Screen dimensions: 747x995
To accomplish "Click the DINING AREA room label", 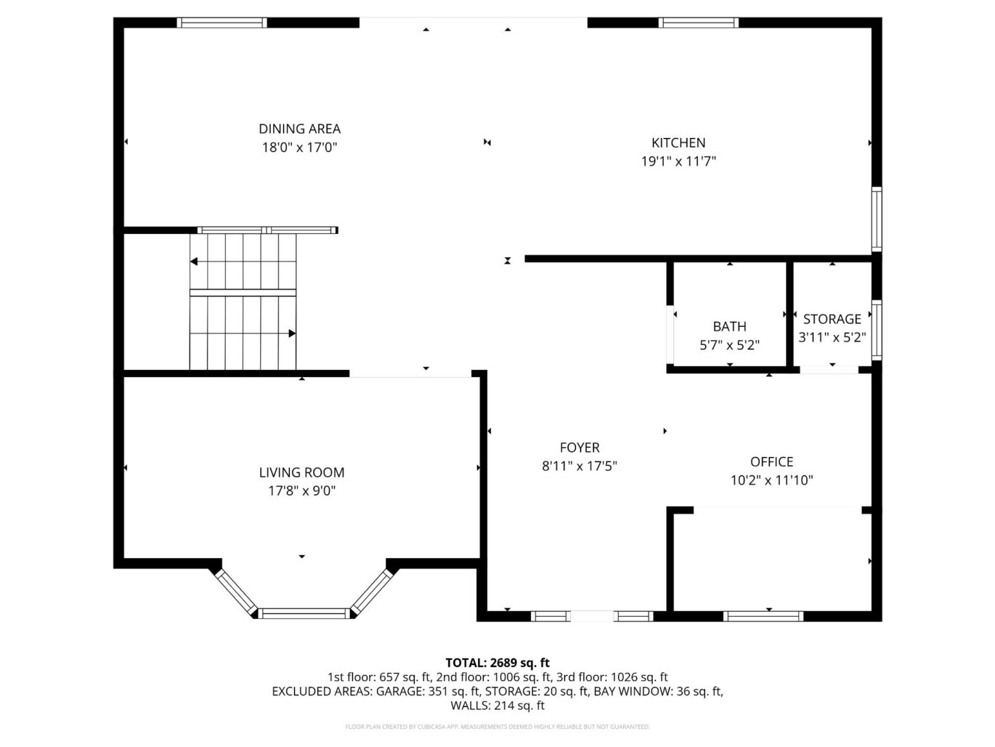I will tap(299, 129).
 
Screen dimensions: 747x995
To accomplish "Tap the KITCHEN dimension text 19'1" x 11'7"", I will tap(678, 161).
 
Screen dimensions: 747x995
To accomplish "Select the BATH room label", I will tap(729, 326).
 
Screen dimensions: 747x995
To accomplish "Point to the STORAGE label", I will tap(832, 319).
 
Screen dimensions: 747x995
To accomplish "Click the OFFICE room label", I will tap(771, 461).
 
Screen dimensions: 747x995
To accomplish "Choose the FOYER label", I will tap(580, 448).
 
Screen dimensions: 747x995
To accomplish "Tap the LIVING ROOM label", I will tap(301, 472).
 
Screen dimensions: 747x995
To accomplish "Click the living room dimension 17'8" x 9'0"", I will tap(301, 491).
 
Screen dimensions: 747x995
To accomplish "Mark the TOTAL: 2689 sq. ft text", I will tap(497, 662).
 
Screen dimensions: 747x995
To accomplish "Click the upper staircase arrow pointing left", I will tap(195, 261).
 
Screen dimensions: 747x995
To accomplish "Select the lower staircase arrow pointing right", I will tap(291, 334).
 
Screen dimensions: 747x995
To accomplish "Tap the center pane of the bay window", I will tap(304, 613).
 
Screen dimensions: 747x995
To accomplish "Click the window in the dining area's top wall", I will tap(222, 23).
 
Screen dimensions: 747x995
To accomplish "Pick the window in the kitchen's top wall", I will tap(698, 23).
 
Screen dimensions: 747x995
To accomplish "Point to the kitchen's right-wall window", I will tap(877, 219).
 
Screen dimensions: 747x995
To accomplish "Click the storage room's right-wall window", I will tap(877, 330).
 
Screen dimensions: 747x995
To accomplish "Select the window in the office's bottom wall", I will tap(763, 616).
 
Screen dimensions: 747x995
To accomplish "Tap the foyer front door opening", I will tap(592, 616).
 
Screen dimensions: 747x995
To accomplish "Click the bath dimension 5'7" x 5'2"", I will tap(729, 345).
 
